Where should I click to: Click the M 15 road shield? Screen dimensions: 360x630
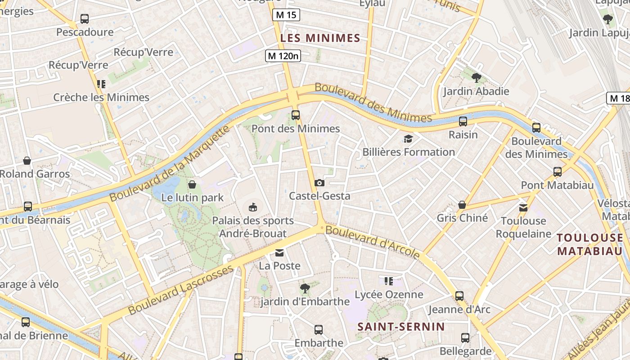pyautogui.click(x=286, y=15)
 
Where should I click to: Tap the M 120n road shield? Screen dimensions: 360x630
pyautogui.click(x=283, y=56)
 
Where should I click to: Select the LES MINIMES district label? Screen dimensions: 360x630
pyautogui.click(x=320, y=38)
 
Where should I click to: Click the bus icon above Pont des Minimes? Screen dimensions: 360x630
pyautogui.click(x=295, y=115)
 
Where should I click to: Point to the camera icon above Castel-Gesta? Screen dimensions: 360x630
pyautogui.click(x=319, y=183)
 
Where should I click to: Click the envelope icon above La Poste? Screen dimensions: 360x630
pyautogui.click(x=279, y=252)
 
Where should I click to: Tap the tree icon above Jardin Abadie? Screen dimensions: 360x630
pyautogui.click(x=476, y=78)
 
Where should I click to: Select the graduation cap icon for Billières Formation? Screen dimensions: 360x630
pyautogui.click(x=408, y=139)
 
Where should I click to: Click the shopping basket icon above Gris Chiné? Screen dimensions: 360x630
pyautogui.click(x=462, y=205)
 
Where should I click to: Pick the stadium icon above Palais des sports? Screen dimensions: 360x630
pyautogui.click(x=253, y=207)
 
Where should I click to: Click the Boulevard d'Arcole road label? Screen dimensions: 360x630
pyautogui.click(x=373, y=242)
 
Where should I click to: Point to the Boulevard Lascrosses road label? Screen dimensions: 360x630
pyautogui.click(x=181, y=290)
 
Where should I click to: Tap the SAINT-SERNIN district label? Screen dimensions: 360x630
pyautogui.click(x=401, y=327)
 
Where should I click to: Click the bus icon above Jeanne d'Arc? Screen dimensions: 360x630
pyautogui.click(x=459, y=296)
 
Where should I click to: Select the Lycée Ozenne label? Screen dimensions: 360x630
pyautogui.click(x=389, y=295)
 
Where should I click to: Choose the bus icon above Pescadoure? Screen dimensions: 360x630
pyautogui.click(x=85, y=19)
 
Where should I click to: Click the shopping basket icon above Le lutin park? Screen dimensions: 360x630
pyautogui.click(x=192, y=184)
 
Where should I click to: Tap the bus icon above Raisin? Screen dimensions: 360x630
pyautogui.click(x=463, y=121)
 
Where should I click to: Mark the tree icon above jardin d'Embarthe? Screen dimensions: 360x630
pyautogui.click(x=305, y=288)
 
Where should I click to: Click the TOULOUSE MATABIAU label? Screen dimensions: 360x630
pyautogui.click(x=589, y=244)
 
